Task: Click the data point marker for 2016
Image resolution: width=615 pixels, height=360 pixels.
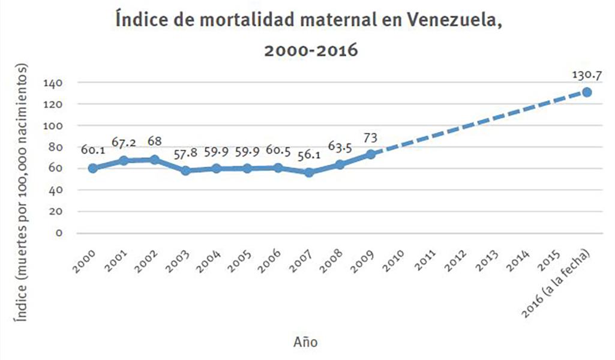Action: pyautogui.click(x=586, y=92)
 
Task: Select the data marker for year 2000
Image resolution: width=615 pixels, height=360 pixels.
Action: pyautogui.click(x=93, y=168)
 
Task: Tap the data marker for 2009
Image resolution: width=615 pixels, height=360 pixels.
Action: pyautogui.click(x=371, y=154)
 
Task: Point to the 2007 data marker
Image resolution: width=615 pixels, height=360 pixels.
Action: pyautogui.click(x=309, y=173)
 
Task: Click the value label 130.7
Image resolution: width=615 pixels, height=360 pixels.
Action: pyautogui.click(x=586, y=76)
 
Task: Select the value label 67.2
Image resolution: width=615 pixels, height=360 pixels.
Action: pyautogui.click(x=124, y=143)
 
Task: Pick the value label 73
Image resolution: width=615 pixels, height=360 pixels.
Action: pyautogui.click(x=371, y=137)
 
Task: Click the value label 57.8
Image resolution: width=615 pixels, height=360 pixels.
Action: pyautogui.click(x=185, y=154)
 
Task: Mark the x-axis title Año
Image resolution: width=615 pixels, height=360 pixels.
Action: pyautogui.click(x=306, y=343)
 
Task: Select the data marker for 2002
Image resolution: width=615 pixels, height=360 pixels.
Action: pyautogui.click(x=155, y=160)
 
